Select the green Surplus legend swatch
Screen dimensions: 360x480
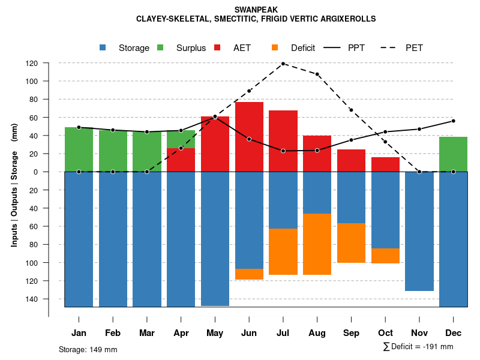[161, 47]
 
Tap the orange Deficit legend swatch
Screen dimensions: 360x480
[275, 47]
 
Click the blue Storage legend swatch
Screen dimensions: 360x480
[103, 47]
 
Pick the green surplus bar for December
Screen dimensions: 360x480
[453, 154]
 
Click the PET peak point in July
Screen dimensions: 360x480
[283, 64]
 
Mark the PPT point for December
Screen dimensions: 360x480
[453, 121]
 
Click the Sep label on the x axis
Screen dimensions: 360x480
[351, 333]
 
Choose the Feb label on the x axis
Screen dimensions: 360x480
[113, 333]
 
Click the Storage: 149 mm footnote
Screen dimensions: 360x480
[88, 349]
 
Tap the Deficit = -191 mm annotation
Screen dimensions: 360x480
[418, 347]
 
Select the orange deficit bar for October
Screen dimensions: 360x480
[385, 256]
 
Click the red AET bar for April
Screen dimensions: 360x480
[181, 160]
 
